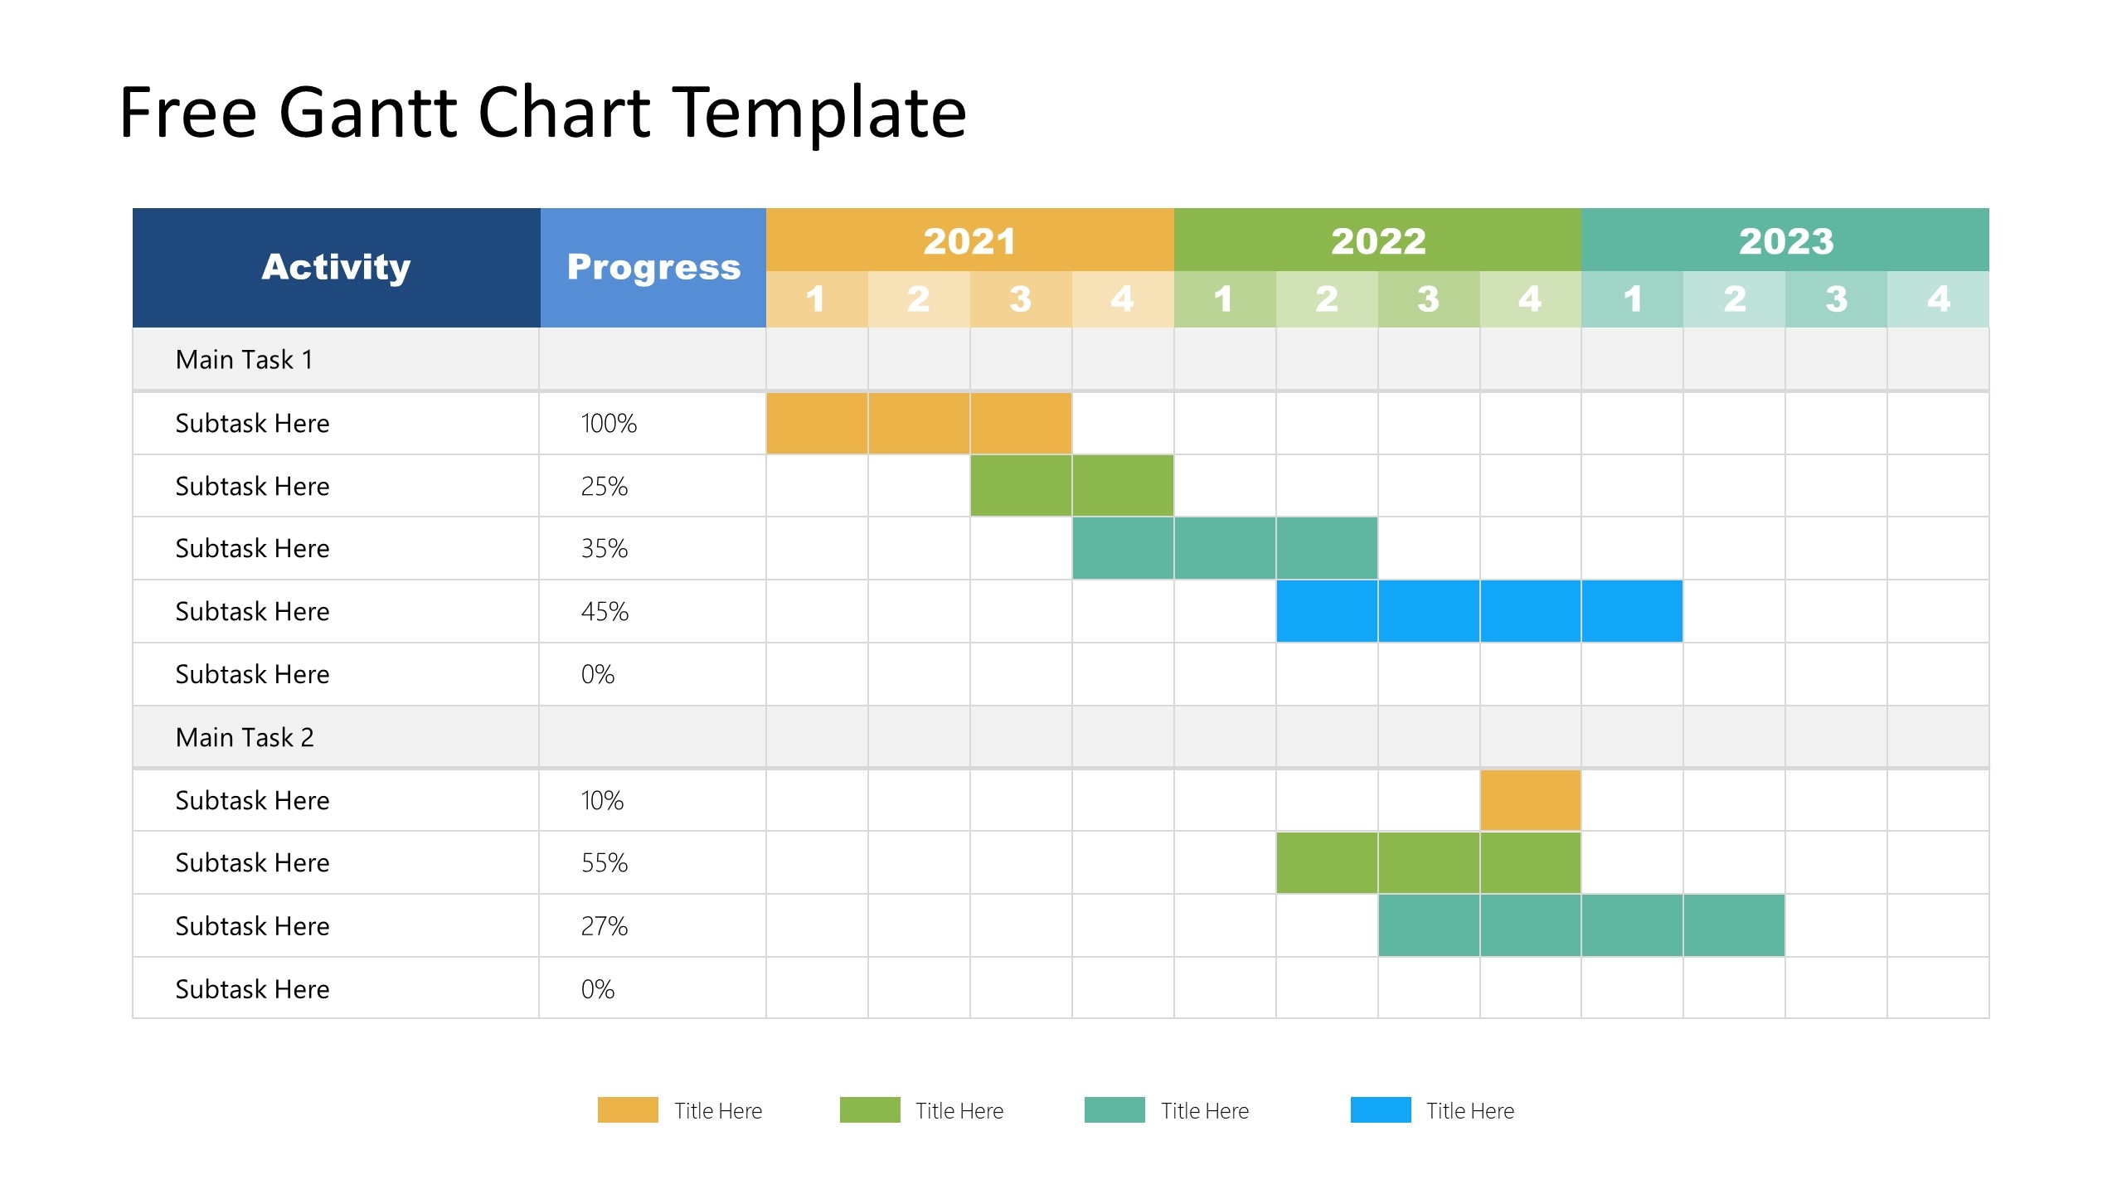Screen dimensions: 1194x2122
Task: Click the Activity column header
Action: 336,267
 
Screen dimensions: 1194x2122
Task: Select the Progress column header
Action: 653,267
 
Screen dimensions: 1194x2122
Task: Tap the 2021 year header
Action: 969,240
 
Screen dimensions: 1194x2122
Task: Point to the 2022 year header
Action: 1377,240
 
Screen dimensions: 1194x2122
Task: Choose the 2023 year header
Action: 1785,240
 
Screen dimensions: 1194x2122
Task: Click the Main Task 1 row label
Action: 245,360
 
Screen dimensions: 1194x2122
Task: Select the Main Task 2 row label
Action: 245,737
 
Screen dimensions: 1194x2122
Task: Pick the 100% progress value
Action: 609,424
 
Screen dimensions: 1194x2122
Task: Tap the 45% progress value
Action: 605,612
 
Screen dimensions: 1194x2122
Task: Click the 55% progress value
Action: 605,863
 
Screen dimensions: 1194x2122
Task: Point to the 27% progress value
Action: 605,926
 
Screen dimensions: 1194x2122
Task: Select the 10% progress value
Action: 602,800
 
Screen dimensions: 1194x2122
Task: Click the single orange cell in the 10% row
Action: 1530,800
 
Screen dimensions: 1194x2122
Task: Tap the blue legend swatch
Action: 1380,1109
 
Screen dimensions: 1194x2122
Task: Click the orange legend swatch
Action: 628,1109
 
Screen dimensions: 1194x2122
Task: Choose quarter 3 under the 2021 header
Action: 1020,299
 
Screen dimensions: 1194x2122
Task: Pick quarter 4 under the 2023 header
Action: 1938,299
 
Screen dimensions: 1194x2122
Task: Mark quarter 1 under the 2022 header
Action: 1224,299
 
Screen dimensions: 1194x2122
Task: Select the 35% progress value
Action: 605,549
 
